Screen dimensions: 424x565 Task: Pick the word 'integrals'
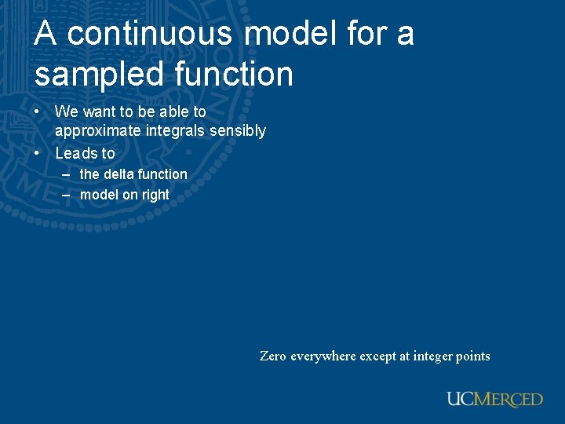coord(173,131)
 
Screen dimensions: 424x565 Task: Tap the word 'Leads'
coord(75,153)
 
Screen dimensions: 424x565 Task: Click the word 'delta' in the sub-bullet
coord(119,174)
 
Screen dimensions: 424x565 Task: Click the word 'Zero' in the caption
coord(273,356)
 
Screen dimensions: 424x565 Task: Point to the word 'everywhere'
coord(323,356)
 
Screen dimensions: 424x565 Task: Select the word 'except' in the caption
coord(377,356)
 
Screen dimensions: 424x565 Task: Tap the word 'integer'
coord(433,356)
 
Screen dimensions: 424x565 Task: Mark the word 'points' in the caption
coord(473,356)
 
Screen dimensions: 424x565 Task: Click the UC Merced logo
coord(494,399)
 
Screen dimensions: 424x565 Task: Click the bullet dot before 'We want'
coord(38,112)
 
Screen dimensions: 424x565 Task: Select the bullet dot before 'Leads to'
coord(38,153)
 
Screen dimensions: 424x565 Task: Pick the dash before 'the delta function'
coord(66,174)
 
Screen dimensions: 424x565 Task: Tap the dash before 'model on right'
coord(66,195)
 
